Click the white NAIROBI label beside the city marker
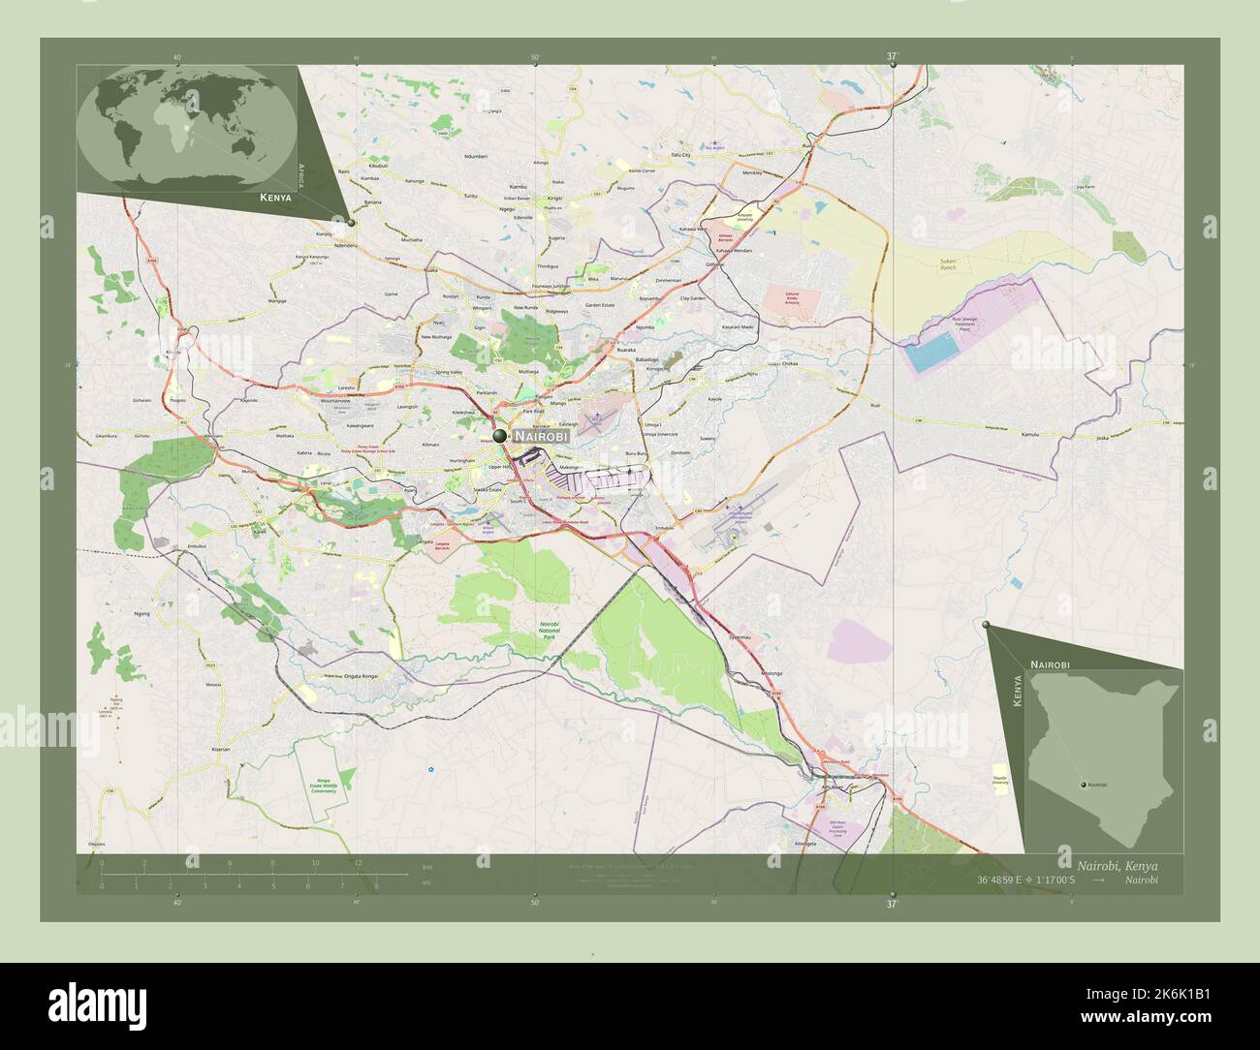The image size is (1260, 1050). click(x=541, y=437)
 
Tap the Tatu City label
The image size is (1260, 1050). click(x=680, y=155)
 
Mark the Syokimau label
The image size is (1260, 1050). click(x=740, y=637)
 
